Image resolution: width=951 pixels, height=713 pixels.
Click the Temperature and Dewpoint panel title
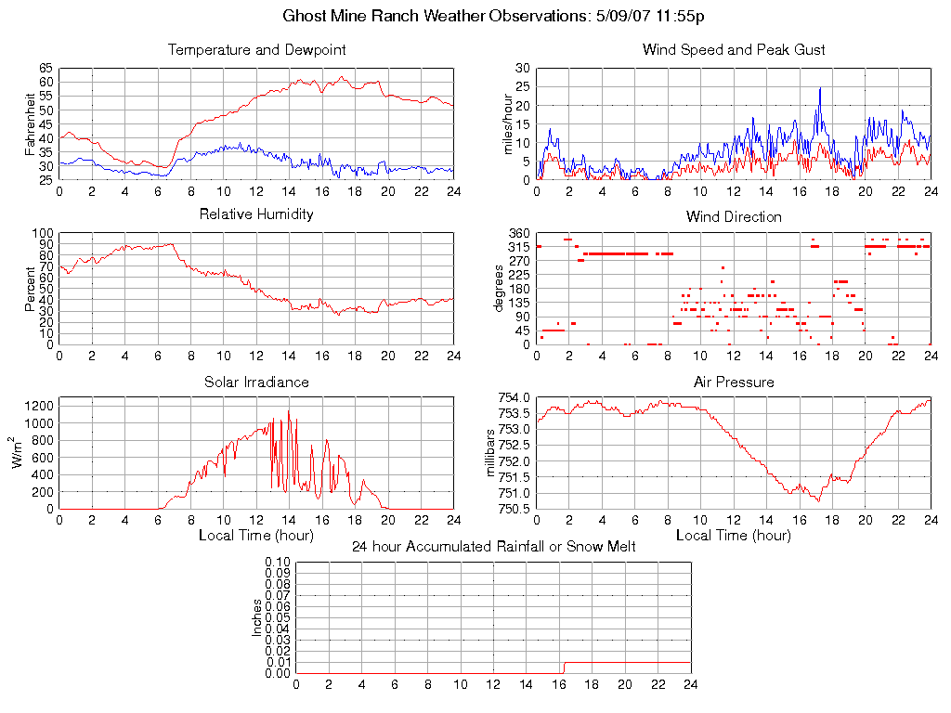point(256,49)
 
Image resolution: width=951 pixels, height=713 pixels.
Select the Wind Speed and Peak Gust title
point(734,49)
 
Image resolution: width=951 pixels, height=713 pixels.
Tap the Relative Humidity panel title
point(256,214)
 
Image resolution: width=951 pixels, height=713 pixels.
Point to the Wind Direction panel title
point(734,216)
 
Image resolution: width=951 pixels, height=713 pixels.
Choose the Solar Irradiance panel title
point(256,382)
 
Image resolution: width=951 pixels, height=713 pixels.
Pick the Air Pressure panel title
point(734,382)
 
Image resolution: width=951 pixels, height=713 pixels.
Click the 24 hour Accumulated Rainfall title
point(493,547)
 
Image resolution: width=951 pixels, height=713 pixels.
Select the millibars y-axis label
point(493,452)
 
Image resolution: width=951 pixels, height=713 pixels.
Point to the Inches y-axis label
point(257,617)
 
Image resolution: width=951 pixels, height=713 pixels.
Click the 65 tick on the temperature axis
point(46,69)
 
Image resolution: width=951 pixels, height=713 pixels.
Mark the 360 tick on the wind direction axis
point(518,233)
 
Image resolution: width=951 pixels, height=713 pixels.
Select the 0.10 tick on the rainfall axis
point(278,562)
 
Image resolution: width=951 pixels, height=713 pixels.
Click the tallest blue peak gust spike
point(820,88)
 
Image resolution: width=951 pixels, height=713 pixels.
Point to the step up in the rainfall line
point(564,667)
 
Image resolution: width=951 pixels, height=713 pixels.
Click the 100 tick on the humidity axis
point(43,233)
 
